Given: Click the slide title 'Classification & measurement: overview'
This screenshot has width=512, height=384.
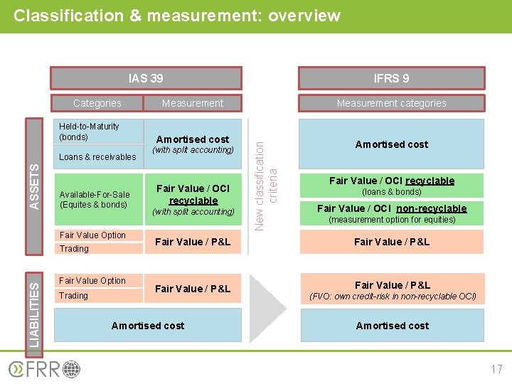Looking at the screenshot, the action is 177,15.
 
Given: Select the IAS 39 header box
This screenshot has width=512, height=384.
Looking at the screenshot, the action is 145,78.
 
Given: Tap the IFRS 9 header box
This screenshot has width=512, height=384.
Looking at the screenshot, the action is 391,78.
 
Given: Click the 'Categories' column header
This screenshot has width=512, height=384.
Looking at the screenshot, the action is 97,103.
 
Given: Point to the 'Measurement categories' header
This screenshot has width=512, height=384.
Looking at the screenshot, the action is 391,103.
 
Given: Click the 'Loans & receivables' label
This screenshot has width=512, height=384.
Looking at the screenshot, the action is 97,157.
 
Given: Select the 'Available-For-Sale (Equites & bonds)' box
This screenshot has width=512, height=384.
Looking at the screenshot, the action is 95,199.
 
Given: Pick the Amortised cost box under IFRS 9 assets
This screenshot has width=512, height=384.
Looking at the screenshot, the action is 391,144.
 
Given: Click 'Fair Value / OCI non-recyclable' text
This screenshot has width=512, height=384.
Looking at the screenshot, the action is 391,208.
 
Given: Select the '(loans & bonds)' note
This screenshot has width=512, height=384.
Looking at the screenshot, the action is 391,192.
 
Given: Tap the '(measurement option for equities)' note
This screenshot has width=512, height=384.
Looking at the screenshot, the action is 391,220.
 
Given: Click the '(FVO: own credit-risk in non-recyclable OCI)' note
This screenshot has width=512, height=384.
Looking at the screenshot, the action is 391,297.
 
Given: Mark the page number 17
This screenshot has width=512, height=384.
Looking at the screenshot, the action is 496,369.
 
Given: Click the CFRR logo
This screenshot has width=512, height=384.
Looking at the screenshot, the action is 44,370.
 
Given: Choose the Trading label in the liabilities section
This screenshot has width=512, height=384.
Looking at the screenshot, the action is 74,296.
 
